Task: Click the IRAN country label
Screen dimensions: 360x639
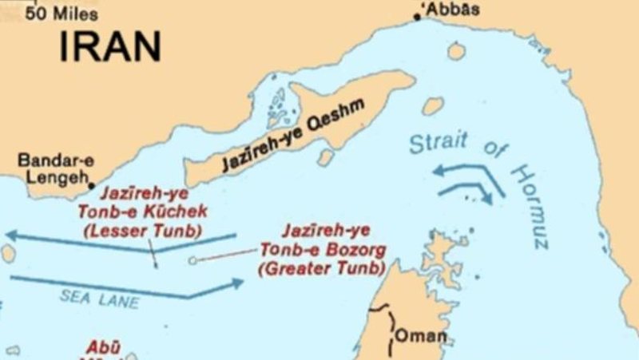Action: point(109,46)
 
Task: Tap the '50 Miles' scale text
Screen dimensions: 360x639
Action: point(62,14)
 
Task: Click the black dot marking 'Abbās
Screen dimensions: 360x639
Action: point(417,16)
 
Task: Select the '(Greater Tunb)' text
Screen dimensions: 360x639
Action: point(322,268)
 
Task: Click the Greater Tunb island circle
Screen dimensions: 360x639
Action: point(192,260)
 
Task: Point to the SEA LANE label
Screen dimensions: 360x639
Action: point(99,299)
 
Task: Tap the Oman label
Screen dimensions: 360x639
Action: point(421,335)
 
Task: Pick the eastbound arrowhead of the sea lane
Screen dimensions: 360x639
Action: point(236,283)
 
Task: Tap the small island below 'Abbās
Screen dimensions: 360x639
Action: point(456,51)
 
